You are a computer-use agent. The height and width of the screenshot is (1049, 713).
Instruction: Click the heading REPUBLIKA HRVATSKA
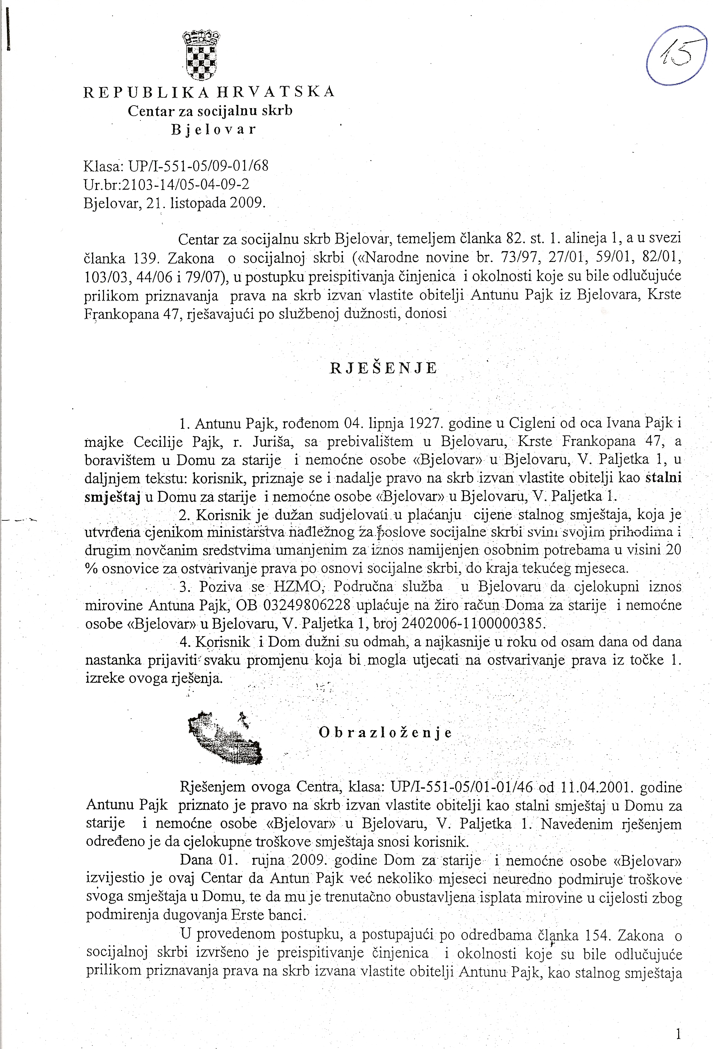209,92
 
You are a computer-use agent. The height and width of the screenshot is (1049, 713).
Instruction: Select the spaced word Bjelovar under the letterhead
213,130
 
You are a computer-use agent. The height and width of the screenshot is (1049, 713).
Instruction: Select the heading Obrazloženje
385,732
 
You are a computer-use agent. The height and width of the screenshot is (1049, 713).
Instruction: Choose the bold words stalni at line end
663,478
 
